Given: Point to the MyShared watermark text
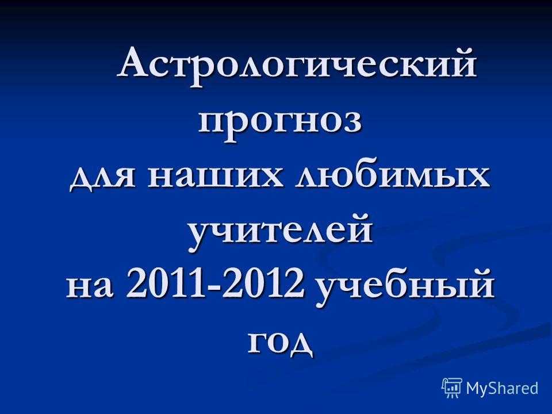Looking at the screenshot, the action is [503, 388].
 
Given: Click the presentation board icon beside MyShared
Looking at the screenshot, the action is [452, 388].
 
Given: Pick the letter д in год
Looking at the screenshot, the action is [299, 344].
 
